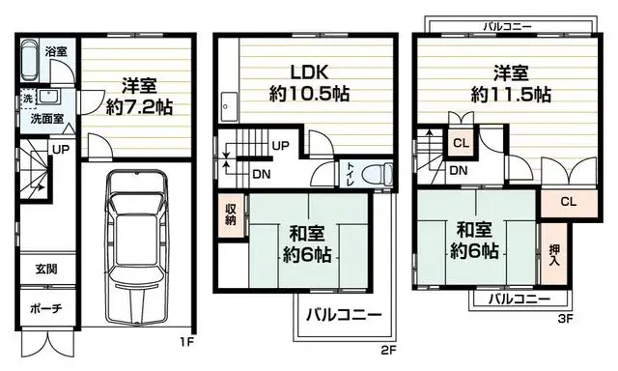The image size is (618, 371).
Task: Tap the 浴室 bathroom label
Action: click(55, 51)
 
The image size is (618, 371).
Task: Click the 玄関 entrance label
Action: click(45, 268)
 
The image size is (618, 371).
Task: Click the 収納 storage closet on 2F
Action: click(231, 214)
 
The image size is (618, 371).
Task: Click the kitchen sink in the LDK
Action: click(229, 105)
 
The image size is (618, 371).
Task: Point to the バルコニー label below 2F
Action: click(344, 315)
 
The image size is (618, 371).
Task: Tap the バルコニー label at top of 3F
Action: click(510, 28)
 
